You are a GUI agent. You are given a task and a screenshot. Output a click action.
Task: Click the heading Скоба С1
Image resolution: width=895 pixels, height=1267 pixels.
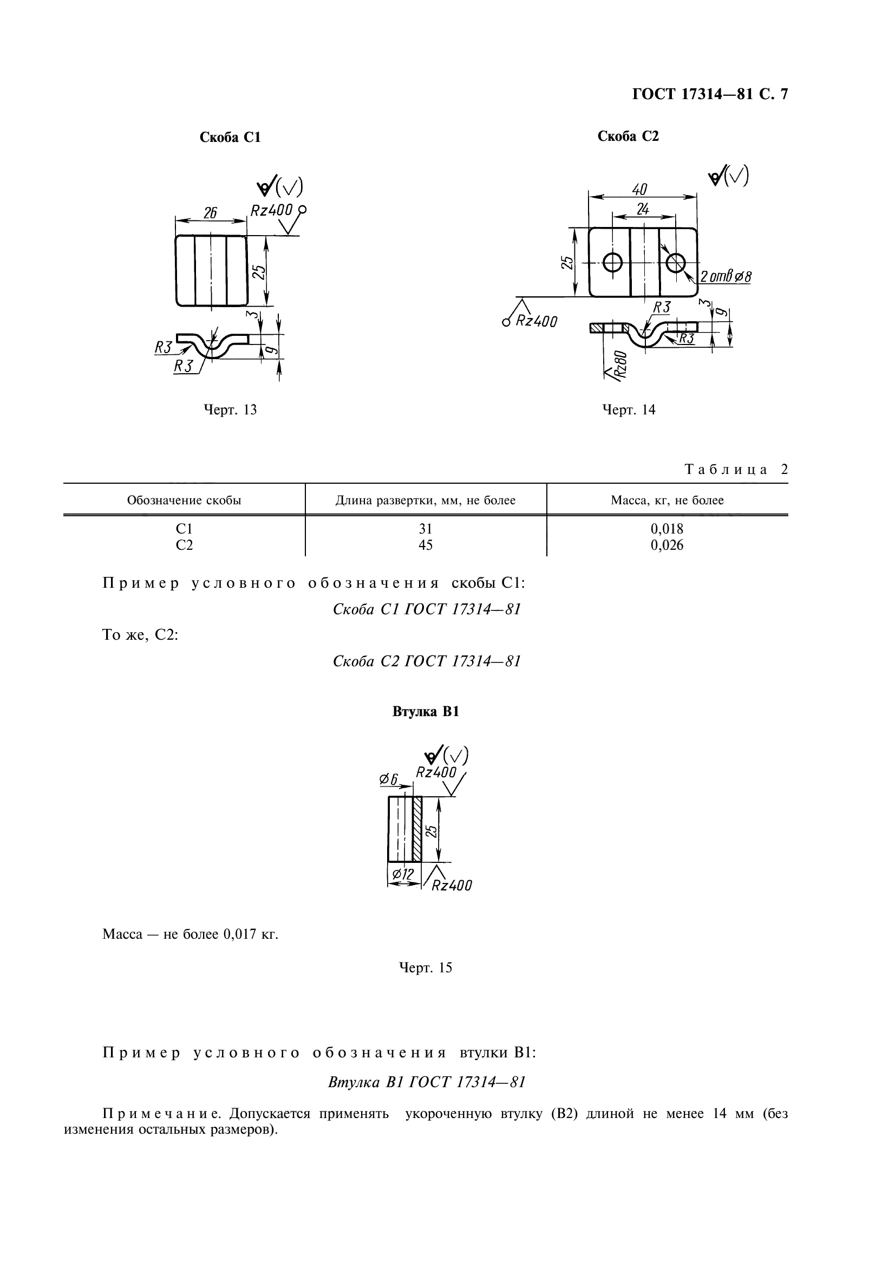[230, 138]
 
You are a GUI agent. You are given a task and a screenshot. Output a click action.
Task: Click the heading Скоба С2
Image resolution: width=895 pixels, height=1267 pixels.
[628, 137]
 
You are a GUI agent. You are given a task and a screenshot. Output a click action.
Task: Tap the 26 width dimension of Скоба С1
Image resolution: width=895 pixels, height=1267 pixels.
[210, 213]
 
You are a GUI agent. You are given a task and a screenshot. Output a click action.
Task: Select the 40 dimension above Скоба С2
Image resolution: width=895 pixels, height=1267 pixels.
[639, 190]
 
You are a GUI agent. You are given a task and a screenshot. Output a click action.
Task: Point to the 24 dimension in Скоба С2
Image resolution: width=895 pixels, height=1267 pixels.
[643, 209]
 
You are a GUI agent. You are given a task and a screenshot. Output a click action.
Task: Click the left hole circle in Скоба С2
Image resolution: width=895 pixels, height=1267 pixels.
[613, 263]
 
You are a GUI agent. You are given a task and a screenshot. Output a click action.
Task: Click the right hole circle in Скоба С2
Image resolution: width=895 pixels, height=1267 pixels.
[676, 263]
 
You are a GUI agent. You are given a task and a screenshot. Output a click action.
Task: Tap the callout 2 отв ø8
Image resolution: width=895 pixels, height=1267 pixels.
[726, 276]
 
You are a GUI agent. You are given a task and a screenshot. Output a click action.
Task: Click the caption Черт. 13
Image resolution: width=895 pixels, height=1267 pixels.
[230, 410]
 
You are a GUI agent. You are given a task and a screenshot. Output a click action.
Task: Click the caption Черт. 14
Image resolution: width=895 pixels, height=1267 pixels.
[629, 410]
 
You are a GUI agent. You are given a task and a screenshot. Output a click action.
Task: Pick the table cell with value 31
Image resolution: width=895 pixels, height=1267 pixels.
[425, 529]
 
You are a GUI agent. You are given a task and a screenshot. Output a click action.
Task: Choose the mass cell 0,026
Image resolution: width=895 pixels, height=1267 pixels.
[667, 545]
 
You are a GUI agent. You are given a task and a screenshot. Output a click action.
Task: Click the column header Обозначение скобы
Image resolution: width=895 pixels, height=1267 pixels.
[184, 501]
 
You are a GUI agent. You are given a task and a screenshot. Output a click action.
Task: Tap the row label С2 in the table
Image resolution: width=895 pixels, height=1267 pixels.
[184, 545]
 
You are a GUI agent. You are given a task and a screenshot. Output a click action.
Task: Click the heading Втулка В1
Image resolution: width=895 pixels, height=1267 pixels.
[425, 712]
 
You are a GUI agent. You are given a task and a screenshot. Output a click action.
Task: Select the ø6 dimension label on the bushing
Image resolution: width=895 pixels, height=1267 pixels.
[389, 779]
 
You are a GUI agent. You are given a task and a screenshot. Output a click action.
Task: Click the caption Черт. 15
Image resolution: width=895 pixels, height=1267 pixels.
[425, 968]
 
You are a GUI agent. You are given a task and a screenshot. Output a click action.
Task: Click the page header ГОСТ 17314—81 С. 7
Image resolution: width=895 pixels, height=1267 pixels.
[710, 94]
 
